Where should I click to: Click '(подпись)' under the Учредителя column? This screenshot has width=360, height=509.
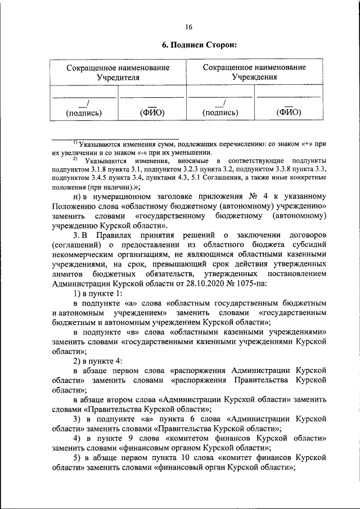pos(84,112)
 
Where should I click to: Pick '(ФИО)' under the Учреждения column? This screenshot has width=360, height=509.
pos(289,112)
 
